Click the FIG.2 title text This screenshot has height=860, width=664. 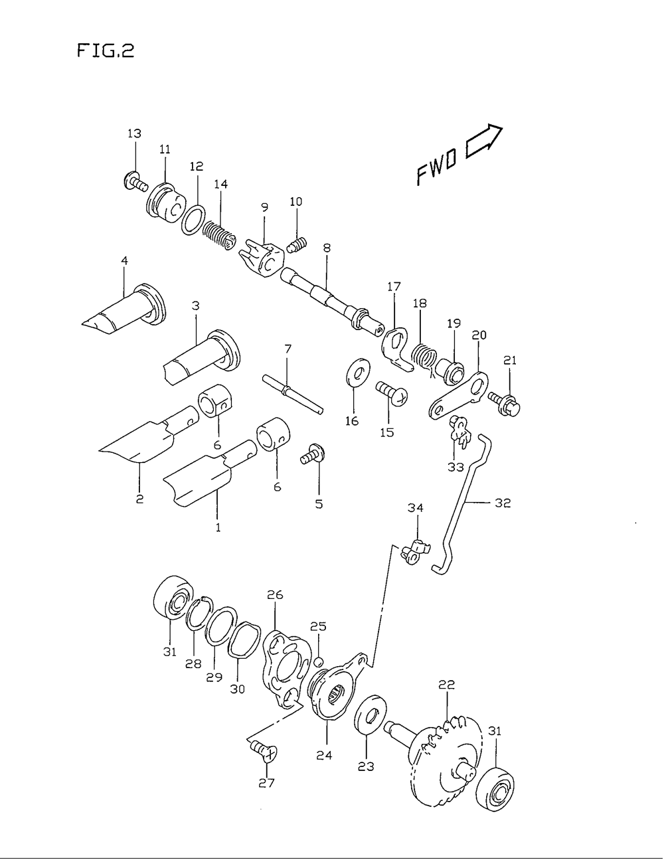coord(105,51)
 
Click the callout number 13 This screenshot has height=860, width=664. coord(134,134)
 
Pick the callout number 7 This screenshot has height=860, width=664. coord(288,348)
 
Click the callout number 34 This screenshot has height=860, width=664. coord(416,509)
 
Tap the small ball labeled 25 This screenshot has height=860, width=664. coord(319,661)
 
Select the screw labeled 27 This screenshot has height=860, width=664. coord(264,751)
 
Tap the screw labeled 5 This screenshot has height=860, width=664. coord(312,456)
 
